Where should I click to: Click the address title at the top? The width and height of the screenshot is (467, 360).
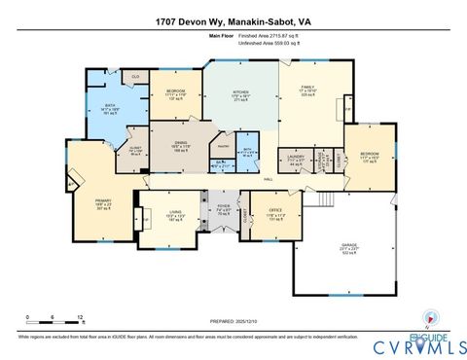(x=233, y=20)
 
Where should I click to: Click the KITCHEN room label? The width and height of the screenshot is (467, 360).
(x=240, y=94)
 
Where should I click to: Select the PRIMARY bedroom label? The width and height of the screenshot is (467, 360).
(x=103, y=201)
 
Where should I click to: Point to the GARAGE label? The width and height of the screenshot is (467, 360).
(x=349, y=245)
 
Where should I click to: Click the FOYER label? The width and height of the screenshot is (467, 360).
(x=223, y=207)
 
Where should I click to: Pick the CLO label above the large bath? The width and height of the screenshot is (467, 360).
(x=135, y=76)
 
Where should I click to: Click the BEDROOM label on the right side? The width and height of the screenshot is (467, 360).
(x=370, y=155)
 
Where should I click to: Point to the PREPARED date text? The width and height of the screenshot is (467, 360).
(x=233, y=320)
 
